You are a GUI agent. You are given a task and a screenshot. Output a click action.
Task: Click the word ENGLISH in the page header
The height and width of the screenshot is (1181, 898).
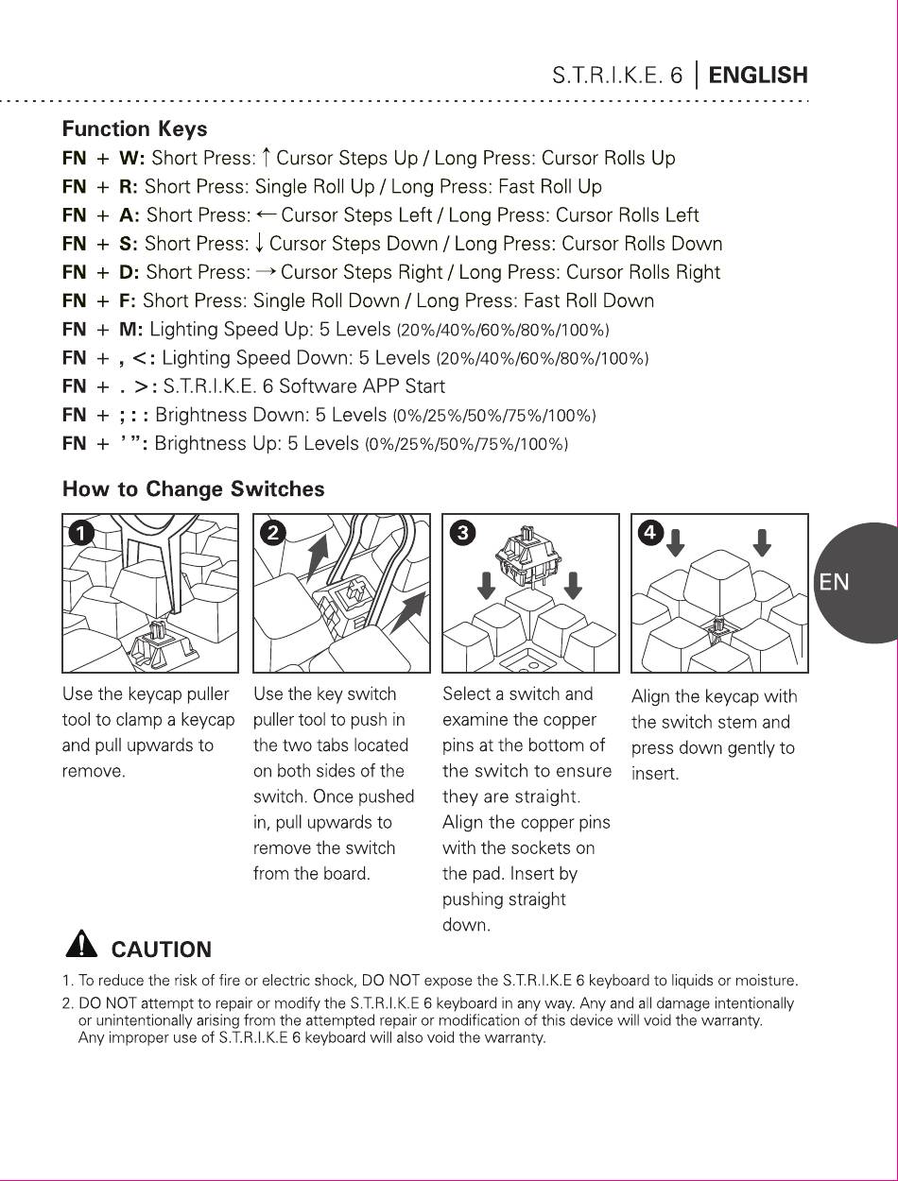[x=758, y=75]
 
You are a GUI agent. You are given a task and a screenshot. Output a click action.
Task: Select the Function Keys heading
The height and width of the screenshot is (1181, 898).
[x=134, y=129]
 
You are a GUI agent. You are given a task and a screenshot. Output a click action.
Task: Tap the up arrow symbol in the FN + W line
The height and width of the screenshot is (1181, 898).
[x=266, y=158]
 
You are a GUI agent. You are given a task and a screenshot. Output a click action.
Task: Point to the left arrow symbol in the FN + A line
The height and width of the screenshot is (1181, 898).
[x=266, y=214]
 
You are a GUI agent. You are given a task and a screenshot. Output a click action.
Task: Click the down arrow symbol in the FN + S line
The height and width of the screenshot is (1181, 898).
[x=259, y=243]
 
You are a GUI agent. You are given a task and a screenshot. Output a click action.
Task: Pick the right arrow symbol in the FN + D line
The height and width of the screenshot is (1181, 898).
[x=266, y=272]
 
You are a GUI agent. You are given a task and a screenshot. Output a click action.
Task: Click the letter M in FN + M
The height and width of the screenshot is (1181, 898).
[x=130, y=329]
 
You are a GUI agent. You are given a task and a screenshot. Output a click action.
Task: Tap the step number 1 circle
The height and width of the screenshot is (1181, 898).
[x=82, y=534]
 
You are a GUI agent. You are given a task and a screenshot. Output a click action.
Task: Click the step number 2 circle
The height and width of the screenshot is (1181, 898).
[x=273, y=533]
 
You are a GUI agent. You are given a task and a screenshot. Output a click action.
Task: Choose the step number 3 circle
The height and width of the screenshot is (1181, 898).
[x=463, y=533]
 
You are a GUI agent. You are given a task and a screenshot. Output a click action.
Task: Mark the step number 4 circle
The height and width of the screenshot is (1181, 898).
[x=650, y=533]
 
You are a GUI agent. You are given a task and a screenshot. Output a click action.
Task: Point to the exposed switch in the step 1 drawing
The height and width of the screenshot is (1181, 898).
[x=162, y=644]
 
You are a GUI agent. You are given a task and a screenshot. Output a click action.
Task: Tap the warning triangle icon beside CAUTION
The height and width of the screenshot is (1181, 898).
[x=81, y=944]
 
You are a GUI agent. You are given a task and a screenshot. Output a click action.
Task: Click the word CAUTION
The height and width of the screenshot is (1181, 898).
[x=162, y=950]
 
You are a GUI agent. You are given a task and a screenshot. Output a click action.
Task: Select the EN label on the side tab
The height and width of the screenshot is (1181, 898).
[x=834, y=582]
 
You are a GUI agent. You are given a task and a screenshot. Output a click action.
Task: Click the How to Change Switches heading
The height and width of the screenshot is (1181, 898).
[x=193, y=489]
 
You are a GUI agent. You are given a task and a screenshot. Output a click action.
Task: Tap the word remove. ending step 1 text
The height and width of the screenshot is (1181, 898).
[x=94, y=771]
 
